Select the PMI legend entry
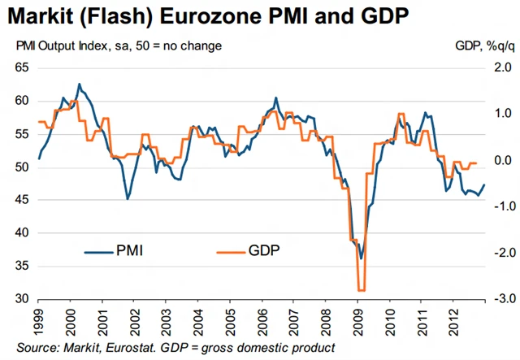tap(129, 250)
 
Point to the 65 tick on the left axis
tap(22, 67)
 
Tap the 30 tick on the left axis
tap(22, 299)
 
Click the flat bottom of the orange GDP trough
tap(361, 290)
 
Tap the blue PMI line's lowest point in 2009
tap(362, 258)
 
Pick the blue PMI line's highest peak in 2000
tap(79, 84)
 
